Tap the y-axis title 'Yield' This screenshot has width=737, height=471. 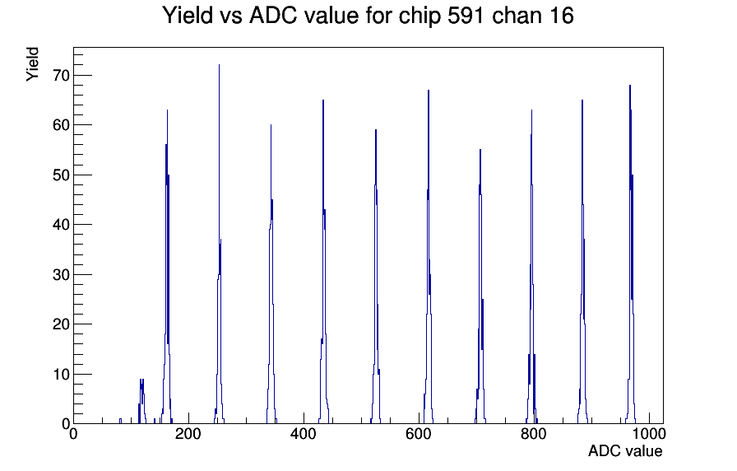[x=32, y=64]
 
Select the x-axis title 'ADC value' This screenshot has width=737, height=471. [x=625, y=450]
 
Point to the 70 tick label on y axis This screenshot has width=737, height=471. [x=61, y=75]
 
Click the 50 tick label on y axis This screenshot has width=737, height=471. [x=61, y=175]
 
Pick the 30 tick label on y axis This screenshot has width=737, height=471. [x=61, y=274]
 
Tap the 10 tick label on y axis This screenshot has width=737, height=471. [x=61, y=374]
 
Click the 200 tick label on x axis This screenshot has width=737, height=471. [x=188, y=433]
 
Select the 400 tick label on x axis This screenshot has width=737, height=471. [x=304, y=433]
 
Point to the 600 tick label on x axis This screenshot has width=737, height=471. [x=419, y=433]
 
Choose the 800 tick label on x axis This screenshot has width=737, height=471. [x=534, y=433]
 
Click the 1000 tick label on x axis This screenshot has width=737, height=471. [x=648, y=433]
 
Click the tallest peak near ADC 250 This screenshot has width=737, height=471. [x=219, y=65]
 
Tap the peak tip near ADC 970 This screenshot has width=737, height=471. [x=630, y=86]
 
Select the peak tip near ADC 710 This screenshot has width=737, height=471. [x=480, y=150]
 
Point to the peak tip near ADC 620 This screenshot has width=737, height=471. [x=429, y=91]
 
